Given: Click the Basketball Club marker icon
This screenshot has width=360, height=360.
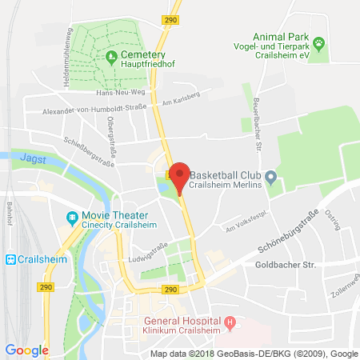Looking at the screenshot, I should pyautogui.click(x=271, y=176).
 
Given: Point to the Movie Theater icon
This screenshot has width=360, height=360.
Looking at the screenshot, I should pyautogui.click(x=72, y=217).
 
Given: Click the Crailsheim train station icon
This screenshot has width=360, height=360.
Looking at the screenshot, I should pyautogui.click(x=11, y=258).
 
